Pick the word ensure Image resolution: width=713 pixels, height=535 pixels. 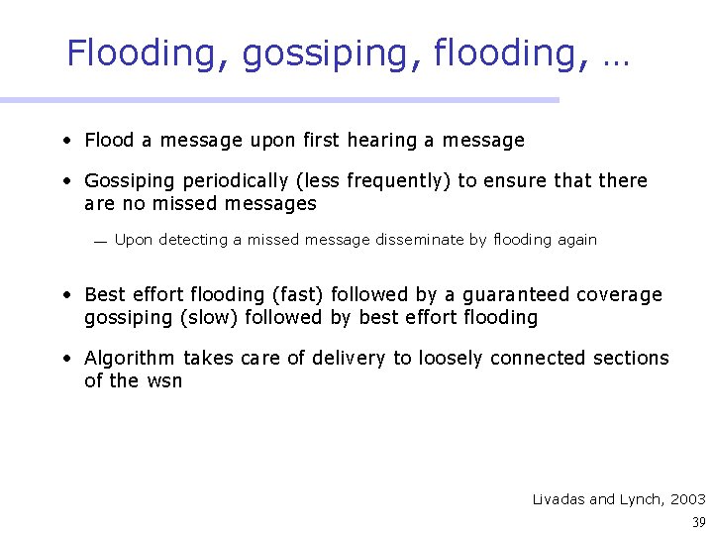tap(507, 181)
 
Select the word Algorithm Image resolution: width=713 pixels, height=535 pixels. tap(129, 358)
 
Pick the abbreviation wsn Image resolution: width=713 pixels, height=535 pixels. tap(163, 381)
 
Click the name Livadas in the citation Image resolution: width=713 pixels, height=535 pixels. tap(559, 499)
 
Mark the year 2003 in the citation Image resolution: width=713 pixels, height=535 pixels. tap(688, 499)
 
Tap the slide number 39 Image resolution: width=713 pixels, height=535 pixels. tap(699, 522)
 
